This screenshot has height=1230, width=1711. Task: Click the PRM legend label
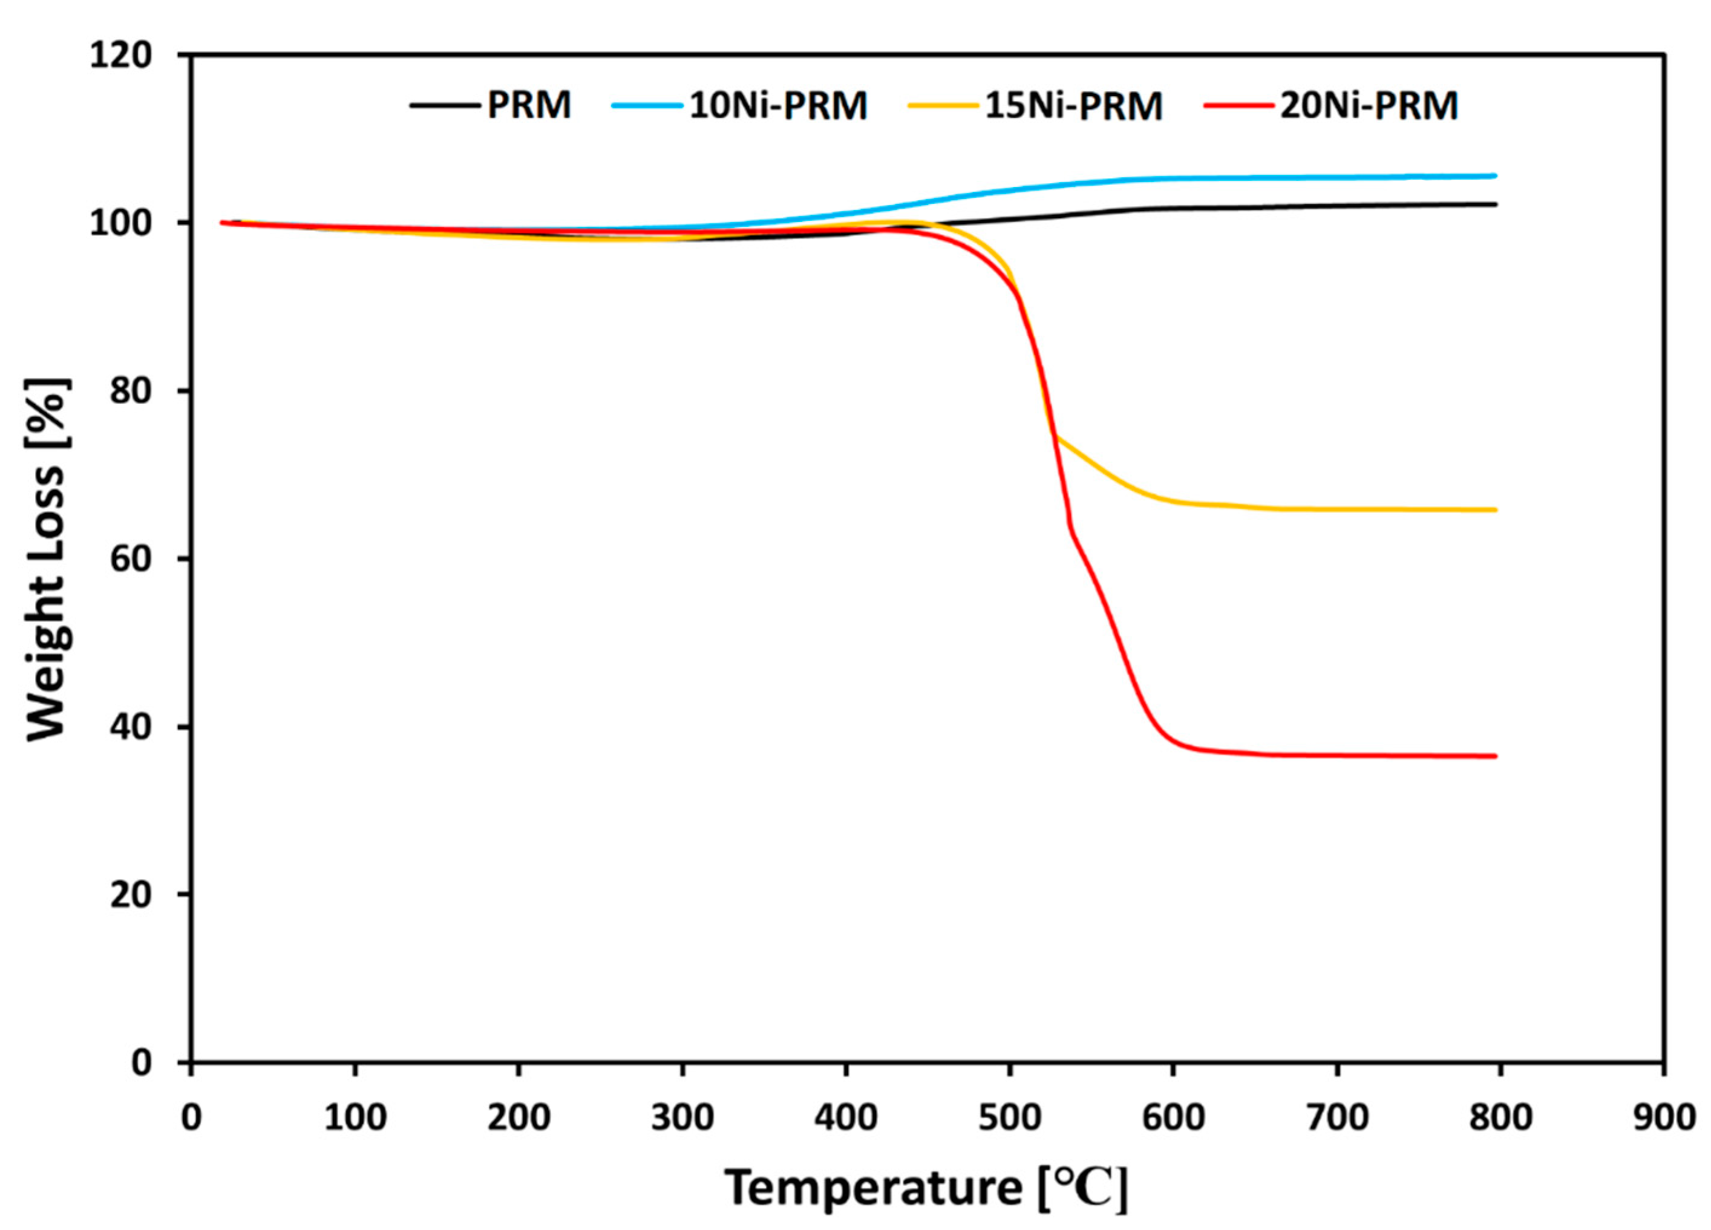(x=529, y=105)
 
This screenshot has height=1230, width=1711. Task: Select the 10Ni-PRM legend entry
(x=778, y=105)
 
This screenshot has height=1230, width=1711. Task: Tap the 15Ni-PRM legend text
(x=1073, y=105)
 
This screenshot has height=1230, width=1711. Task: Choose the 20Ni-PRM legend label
(x=1369, y=105)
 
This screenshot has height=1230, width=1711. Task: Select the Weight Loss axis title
(x=48, y=558)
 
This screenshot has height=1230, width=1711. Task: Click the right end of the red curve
(x=1495, y=756)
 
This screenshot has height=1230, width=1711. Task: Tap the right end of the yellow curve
(x=1495, y=510)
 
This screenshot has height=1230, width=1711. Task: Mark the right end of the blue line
(x=1495, y=176)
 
